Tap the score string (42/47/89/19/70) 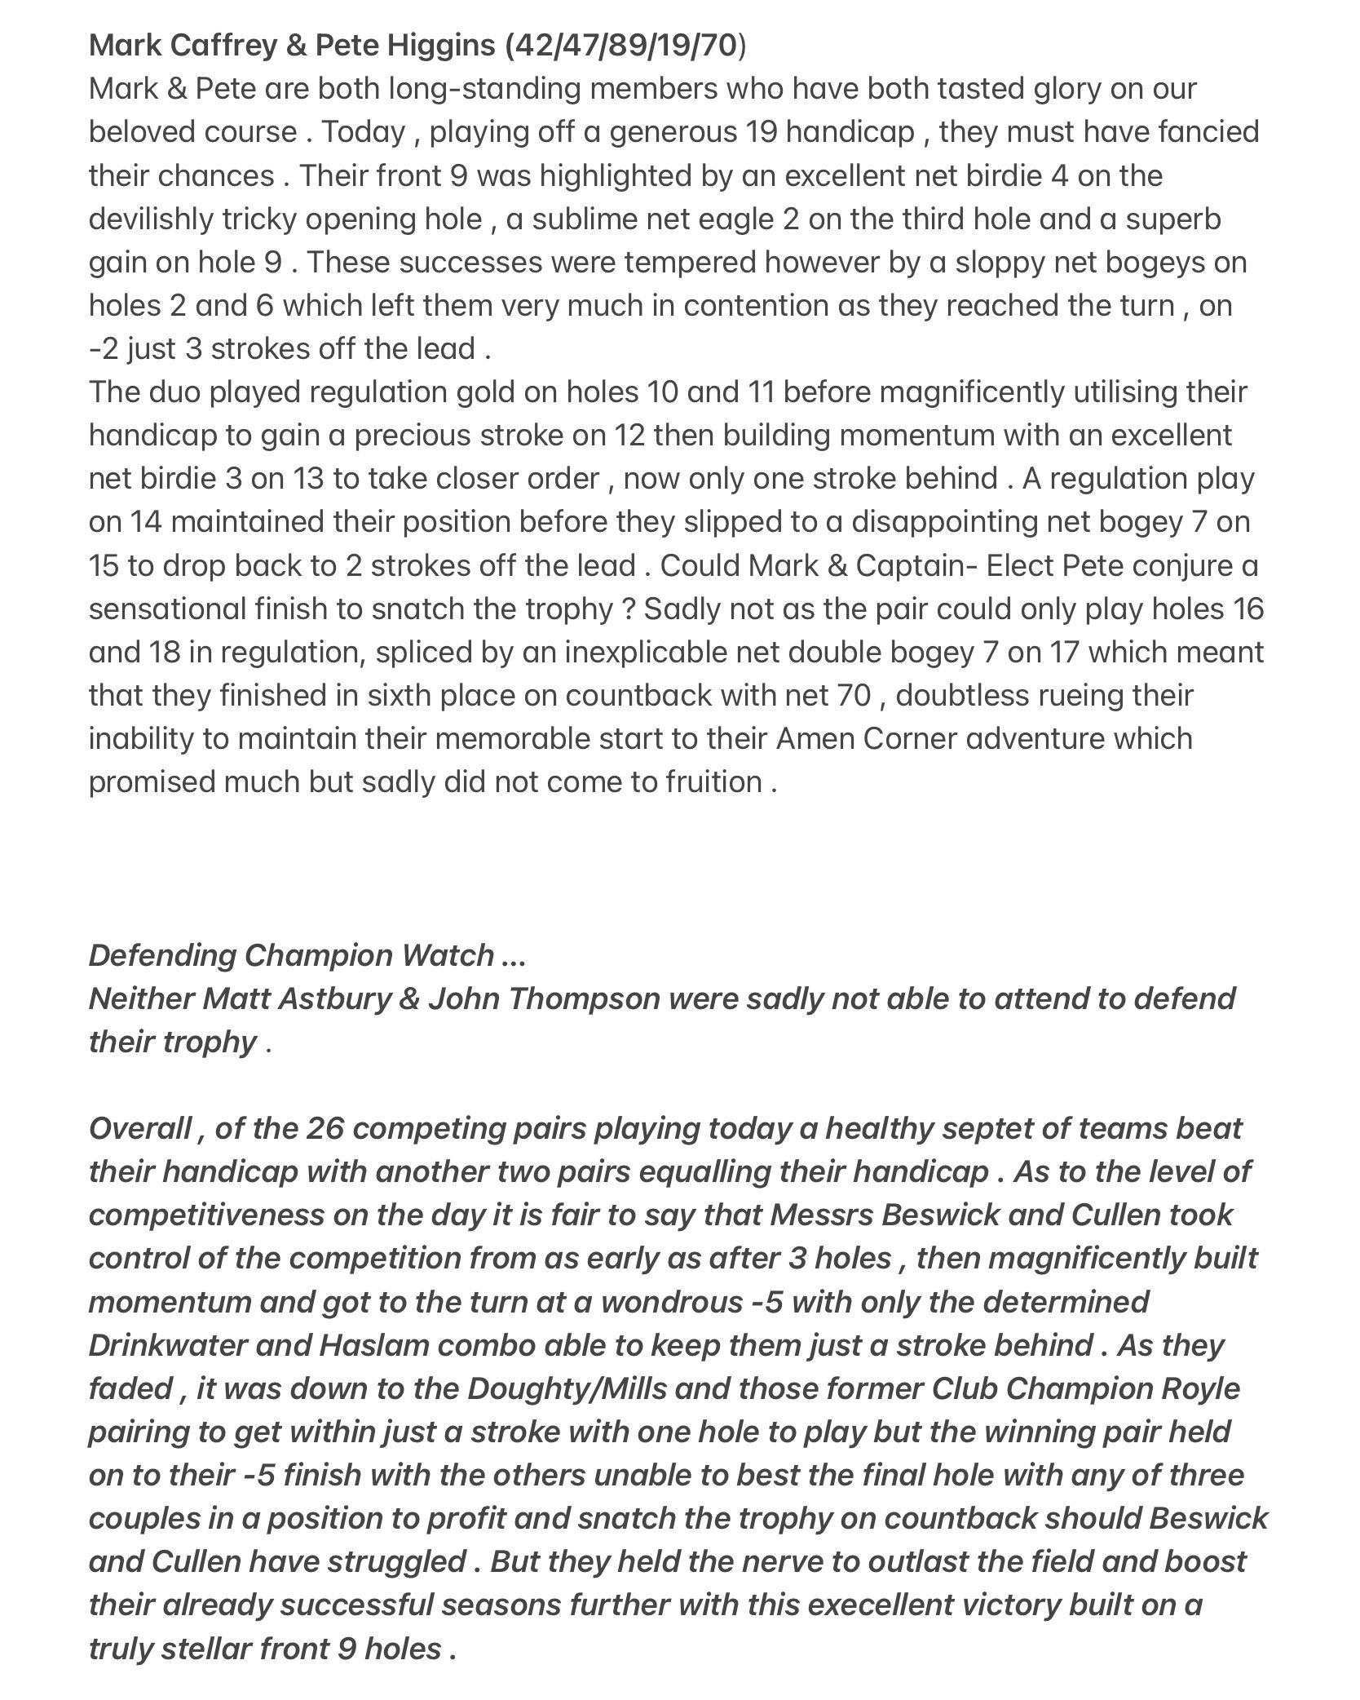(625, 46)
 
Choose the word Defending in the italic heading (162, 954)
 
